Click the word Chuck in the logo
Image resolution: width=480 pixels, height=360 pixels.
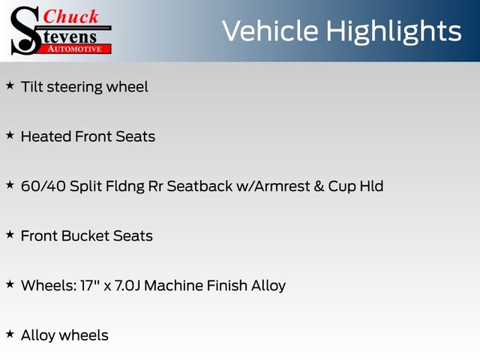click(x=70, y=16)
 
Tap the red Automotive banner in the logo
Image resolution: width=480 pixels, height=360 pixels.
click(x=73, y=49)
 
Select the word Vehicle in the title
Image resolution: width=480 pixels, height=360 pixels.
click(x=270, y=31)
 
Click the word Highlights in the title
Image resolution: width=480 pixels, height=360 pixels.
click(x=394, y=32)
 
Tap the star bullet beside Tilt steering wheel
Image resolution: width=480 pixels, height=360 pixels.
click(x=10, y=85)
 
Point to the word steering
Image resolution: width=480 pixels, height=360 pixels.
click(x=75, y=88)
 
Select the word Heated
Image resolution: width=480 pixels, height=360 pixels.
click(x=46, y=136)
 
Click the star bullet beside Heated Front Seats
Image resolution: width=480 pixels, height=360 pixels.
click(x=10, y=135)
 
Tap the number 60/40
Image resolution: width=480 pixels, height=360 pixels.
click(x=43, y=186)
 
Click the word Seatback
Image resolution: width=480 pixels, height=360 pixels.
click(x=199, y=186)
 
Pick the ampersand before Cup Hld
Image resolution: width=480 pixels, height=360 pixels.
click(x=319, y=186)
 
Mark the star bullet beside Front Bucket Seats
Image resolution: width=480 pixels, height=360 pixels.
click(x=10, y=235)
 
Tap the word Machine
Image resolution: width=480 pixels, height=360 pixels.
click(x=173, y=285)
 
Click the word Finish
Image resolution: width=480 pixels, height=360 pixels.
click(x=227, y=285)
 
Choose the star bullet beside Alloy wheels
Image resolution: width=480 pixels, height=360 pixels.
click(x=10, y=334)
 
